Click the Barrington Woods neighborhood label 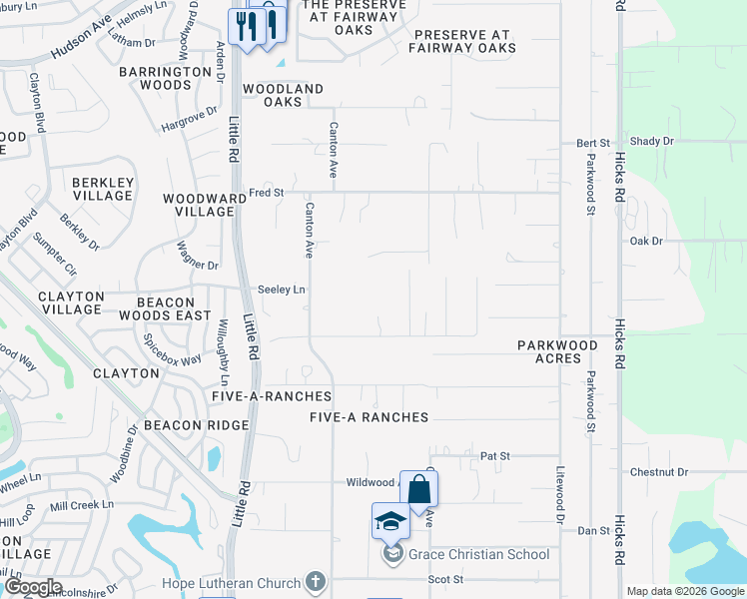click(155, 79)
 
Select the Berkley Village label click(102, 189)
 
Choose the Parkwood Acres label click(557, 352)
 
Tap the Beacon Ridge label click(196, 425)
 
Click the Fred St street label click(267, 193)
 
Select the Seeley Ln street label click(282, 290)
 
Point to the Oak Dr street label click(646, 242)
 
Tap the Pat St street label click(495, 456)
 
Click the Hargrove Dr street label click(189, 120)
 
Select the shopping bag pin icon click(419, 490)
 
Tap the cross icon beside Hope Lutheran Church click(316, 581)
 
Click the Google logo click(32, 587)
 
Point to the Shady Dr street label click(652, 142)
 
